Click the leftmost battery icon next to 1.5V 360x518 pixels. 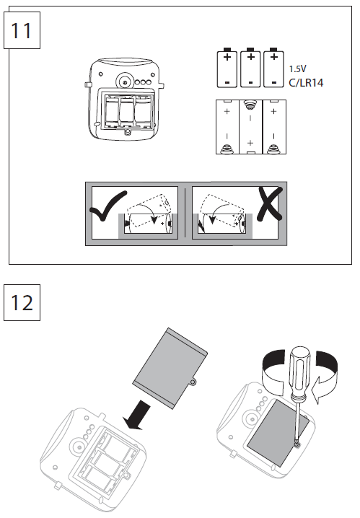pos(227,68)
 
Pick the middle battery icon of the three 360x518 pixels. pos(250,68)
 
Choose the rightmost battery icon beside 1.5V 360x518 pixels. pos(272,68)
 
